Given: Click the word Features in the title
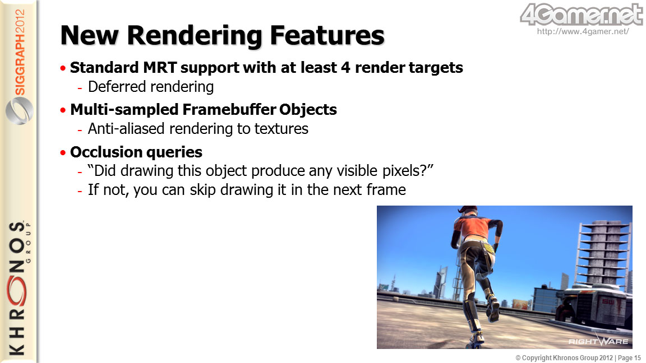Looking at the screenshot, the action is point(327,35).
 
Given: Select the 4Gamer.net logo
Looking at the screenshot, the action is point(582,15).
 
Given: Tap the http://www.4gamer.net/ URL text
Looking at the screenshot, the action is point(583,31).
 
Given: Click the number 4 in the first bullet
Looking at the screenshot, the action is point(345,67).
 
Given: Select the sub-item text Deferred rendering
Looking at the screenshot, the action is point(151,87).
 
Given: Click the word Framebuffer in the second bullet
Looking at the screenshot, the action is point(229,109).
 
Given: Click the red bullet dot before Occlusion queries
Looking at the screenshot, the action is point(63,153).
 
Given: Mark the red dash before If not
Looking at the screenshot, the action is point(80,191).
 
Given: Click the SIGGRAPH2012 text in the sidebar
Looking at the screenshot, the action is point(20,52).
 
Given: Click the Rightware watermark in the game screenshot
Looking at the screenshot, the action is point(598,341).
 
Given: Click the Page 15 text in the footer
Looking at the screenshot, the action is point(629,358).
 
